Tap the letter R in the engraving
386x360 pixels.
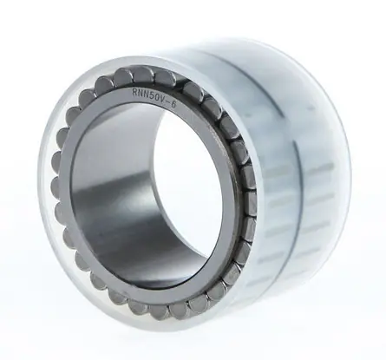(134, 93)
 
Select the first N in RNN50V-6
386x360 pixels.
(141, 94)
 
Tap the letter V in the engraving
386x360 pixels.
(162, 101)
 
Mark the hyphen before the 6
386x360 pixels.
(167, 103)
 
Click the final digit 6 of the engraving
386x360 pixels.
(173, 105)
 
